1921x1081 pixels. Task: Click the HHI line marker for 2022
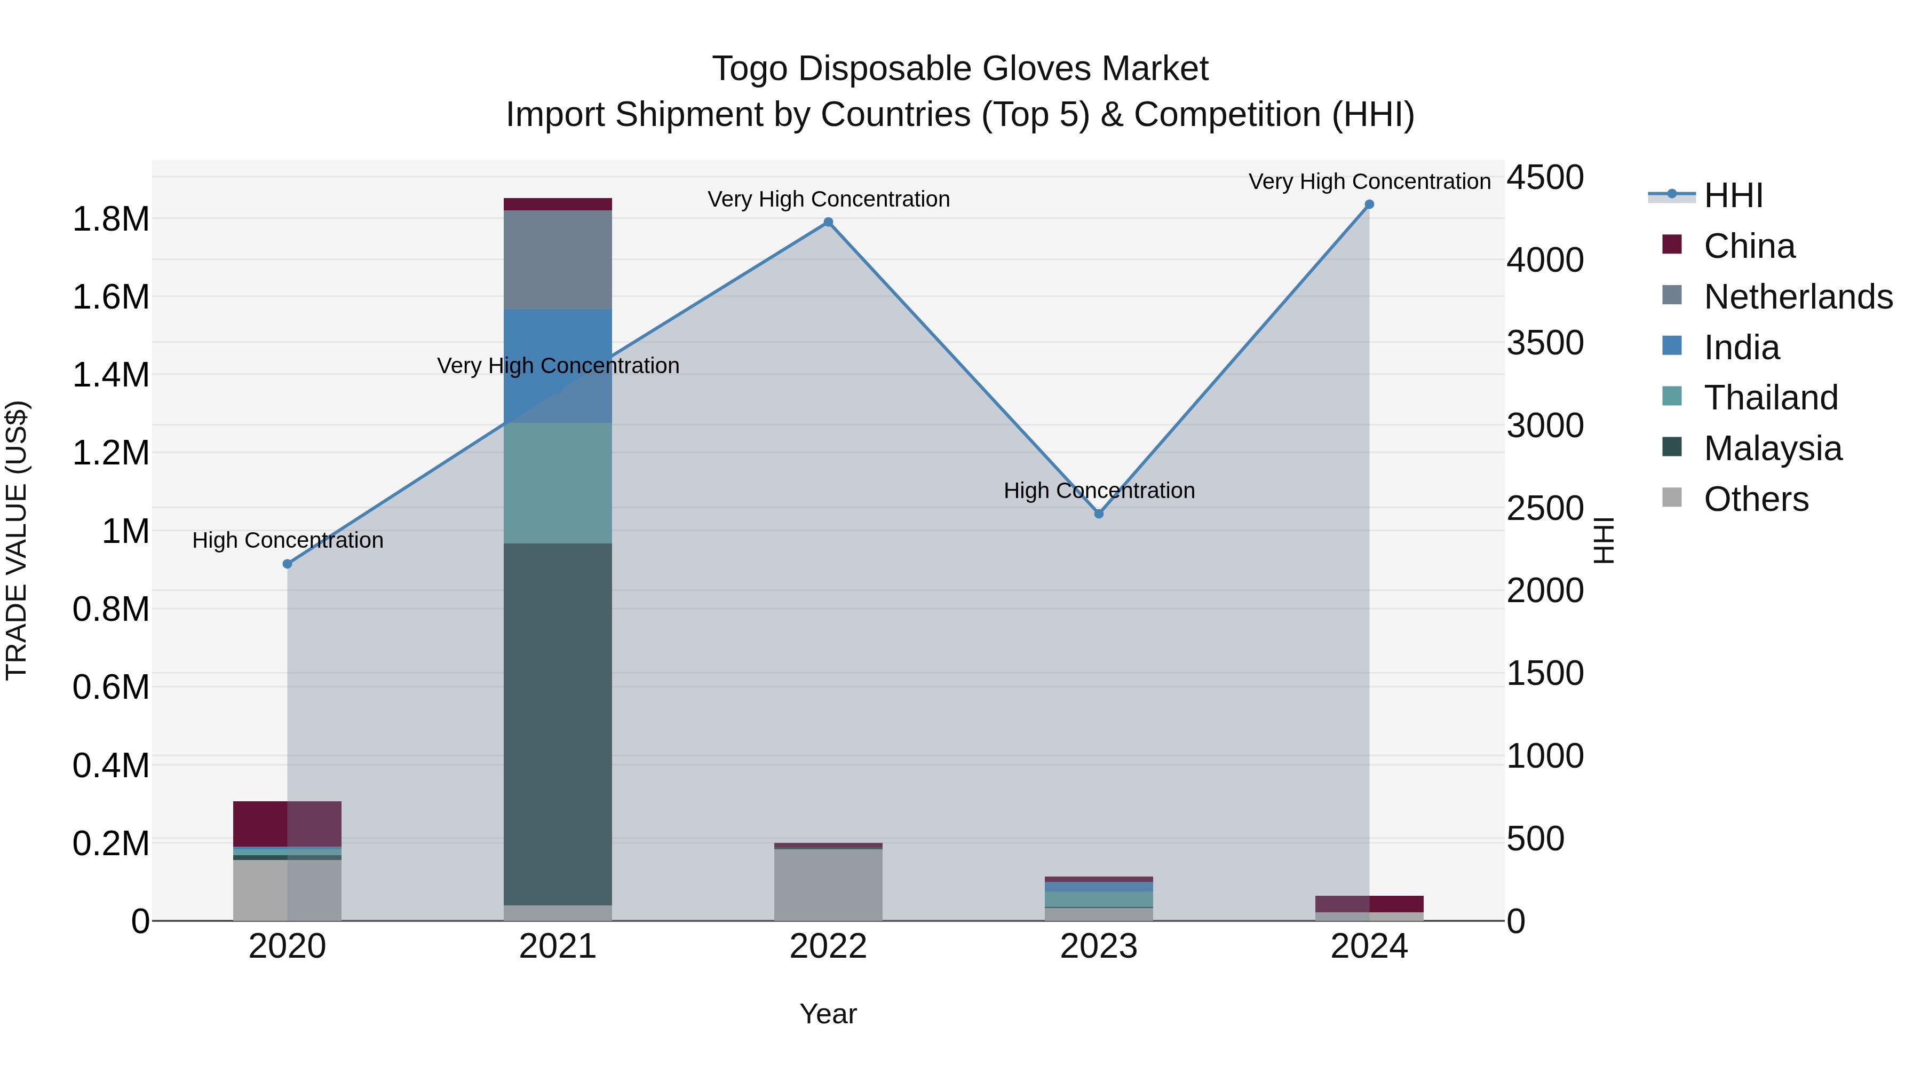pos(828,222)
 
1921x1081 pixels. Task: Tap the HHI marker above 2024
pos(1369,204)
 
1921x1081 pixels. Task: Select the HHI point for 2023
pos(1099,514)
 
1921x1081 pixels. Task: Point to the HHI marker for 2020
pos(287,564)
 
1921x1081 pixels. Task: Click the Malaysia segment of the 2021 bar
pos(558,724)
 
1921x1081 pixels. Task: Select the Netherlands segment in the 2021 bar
pos(558,259)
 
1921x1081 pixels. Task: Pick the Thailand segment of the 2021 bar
pos(558,483)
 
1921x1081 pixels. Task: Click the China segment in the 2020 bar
pos(287,824)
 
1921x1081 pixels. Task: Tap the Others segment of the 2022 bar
pos(828,885)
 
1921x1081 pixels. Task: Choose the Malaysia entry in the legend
pos(1773,448)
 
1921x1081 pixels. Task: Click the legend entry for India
pos(1741,348)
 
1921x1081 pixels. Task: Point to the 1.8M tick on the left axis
pos(110,219)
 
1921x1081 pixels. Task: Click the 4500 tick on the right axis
pos(1545,178)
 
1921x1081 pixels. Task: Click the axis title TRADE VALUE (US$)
pos(17,540)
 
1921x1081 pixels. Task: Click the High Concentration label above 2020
pos(288,540)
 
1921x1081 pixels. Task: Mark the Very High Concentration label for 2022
pos(829,199)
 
